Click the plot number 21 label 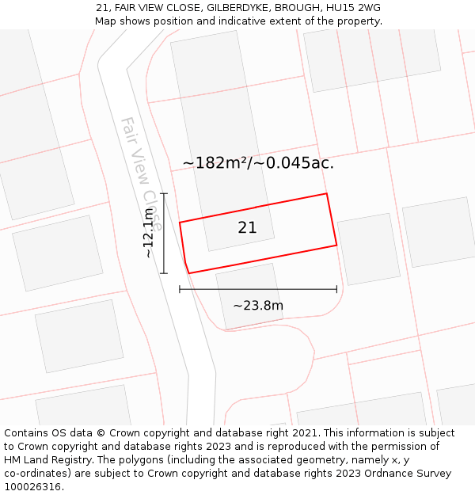247,228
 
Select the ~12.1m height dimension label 149,233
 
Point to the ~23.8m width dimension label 258,306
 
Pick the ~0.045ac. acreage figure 294,163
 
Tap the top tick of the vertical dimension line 164,193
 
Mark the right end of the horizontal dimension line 336,289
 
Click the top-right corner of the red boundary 326,193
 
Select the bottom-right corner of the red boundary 336,245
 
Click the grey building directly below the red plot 249,295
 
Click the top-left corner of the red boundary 180,223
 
